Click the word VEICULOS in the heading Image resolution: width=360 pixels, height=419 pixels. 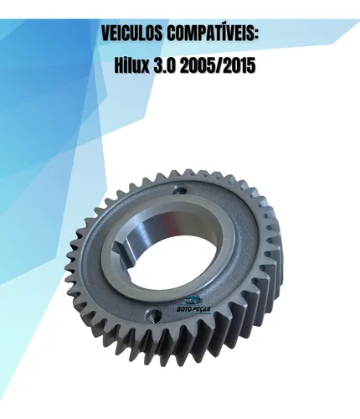(132, 34)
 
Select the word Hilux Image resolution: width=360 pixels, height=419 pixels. (132, 65)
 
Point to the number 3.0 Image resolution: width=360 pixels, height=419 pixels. (165, 66)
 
